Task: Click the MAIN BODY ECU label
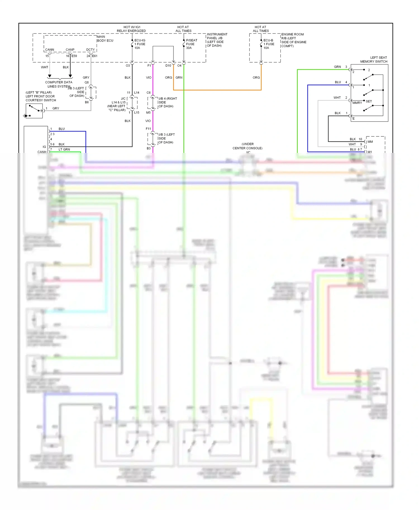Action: tap(105, 39)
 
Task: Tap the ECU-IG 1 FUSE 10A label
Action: tap(140, 44)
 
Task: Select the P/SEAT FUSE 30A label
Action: tap(191, 44)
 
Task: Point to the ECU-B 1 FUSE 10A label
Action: tap(269, 44)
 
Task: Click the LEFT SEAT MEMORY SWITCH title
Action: tap(374, 59)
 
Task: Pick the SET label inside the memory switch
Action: tap(369, 101)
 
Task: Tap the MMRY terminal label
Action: tap(357, 103)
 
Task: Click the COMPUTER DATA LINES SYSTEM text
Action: tap(59, 84)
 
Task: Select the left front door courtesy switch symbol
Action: tap(34, 111)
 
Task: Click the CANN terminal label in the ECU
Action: tap(49, 50)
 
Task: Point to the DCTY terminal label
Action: tap(90, 50)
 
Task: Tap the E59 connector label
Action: tap(74, 56)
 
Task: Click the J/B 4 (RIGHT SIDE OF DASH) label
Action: tap(167, 102)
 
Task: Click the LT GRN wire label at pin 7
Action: tap(64, 150)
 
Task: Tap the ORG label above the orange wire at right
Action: tap(256, 78)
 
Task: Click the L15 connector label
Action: tap(137, 112)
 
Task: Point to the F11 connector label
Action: tap(148, 129)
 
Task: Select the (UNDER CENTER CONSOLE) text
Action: tap(247, 146)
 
